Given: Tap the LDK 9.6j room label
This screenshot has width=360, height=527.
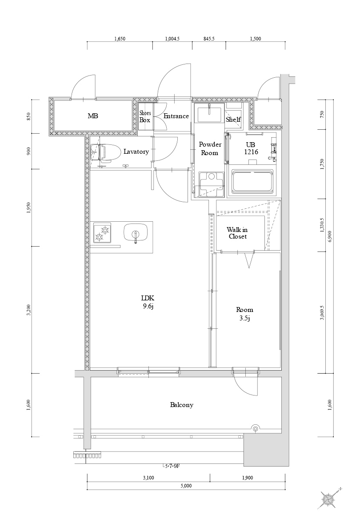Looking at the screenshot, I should click(x=148, y=302).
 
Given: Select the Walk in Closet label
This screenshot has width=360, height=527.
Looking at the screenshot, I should click(x=237, y=233).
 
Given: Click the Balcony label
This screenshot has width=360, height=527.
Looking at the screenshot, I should click(x=181, y=405).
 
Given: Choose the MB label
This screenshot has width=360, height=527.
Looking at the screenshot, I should click(x=92, y=116).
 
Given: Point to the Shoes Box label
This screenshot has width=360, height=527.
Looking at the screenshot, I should click(x=145, y=116).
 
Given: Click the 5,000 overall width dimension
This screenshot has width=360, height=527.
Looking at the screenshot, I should click(x=186, y=486).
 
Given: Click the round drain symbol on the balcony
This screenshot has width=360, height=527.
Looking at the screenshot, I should click(x=256, y=429).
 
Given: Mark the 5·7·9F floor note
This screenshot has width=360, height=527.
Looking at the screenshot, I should click(x=172, y=466).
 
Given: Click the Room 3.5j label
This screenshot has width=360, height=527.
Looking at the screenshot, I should click(x=244, y=313).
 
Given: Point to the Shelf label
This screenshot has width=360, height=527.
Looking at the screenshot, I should click(x=233, y=120).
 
